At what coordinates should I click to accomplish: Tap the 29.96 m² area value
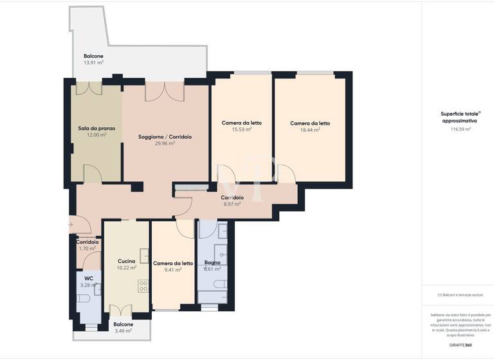point(165,143)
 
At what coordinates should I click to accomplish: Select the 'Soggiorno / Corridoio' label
point(165,136)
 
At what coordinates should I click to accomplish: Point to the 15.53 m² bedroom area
point(241,129)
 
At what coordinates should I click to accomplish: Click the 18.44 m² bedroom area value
point(309,129)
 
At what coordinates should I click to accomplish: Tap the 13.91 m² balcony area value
point(93,62)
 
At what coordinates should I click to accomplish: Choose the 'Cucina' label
point(126,261)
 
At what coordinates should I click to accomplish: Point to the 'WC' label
point(89,278)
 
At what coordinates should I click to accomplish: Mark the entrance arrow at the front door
point(70,225)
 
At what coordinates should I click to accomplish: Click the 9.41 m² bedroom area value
point(173,270)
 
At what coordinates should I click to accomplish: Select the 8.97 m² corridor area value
point(232,204)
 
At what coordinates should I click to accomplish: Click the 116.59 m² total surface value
point(461,129)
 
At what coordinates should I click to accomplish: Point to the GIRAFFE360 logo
point(461,345)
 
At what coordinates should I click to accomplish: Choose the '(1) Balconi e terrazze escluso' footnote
point(459,295)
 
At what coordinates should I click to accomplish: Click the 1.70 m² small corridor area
point(87,248)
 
